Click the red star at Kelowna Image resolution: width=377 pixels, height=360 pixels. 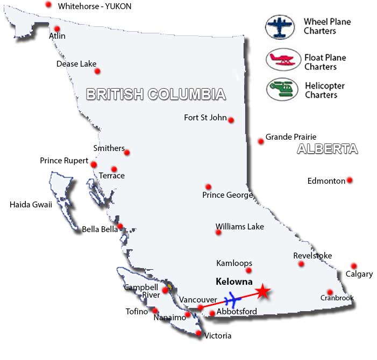[x=262, y=291]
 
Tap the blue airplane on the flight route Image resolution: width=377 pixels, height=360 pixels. [x=233, y=299]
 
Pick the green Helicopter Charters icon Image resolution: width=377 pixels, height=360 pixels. [x=281, y=89]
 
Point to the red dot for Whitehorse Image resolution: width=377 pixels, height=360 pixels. [x=48, y=5]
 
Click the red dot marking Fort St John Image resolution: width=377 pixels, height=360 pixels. [x=231, y=120]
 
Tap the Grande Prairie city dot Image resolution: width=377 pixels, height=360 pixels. [x=261, y=141]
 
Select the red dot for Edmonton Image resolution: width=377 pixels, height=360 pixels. [x=350, y=181]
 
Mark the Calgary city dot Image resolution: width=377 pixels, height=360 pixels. [x=353, y=266]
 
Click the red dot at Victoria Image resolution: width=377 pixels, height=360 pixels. [x=198, y=334]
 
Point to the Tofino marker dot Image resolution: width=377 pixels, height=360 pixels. [x=155, y=310]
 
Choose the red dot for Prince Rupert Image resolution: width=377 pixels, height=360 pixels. [x=94, y=164]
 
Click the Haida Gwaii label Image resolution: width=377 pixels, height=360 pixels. [x=31, y=204]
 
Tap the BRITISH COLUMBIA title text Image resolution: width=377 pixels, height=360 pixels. [x=155, y=95]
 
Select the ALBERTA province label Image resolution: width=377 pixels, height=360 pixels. [x=327, y=149]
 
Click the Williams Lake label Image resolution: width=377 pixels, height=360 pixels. [x=239, y=227]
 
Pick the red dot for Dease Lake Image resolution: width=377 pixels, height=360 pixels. [x=97, y=71]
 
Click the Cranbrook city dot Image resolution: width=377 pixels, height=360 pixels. [x=330, y=292]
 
